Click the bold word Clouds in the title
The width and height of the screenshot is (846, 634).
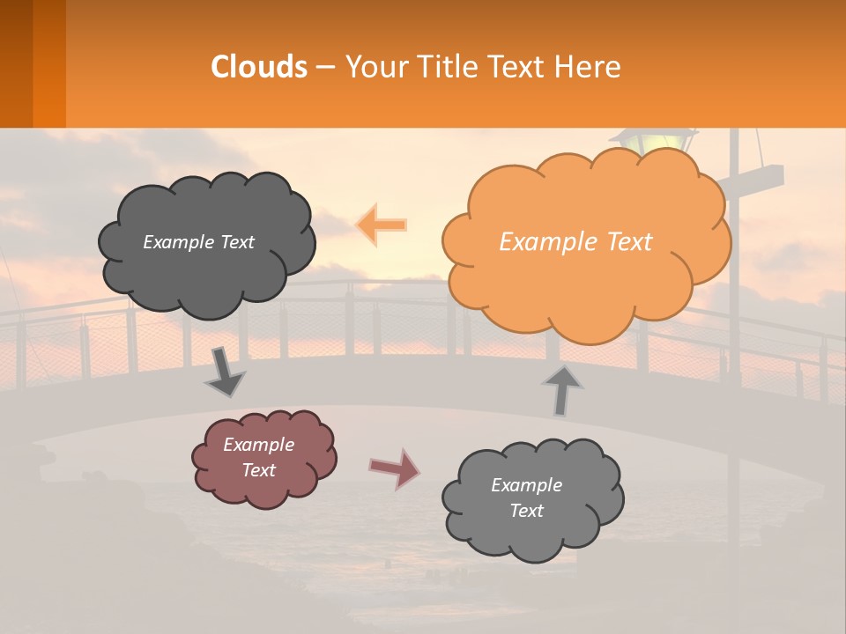coord(259,67)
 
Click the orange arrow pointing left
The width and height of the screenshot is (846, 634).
coord(382,225)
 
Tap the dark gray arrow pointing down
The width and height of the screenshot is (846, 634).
coord(225,372)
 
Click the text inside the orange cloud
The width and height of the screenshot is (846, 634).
coord(575,242)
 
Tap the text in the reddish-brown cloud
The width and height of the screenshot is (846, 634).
coord(259,457)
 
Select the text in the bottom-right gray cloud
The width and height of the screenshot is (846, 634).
coord(526,498)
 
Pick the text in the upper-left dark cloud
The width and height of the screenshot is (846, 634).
coord(198,242)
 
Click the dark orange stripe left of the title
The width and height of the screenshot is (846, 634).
coord(48,63)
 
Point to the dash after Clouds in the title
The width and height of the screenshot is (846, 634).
coord(325,68)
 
